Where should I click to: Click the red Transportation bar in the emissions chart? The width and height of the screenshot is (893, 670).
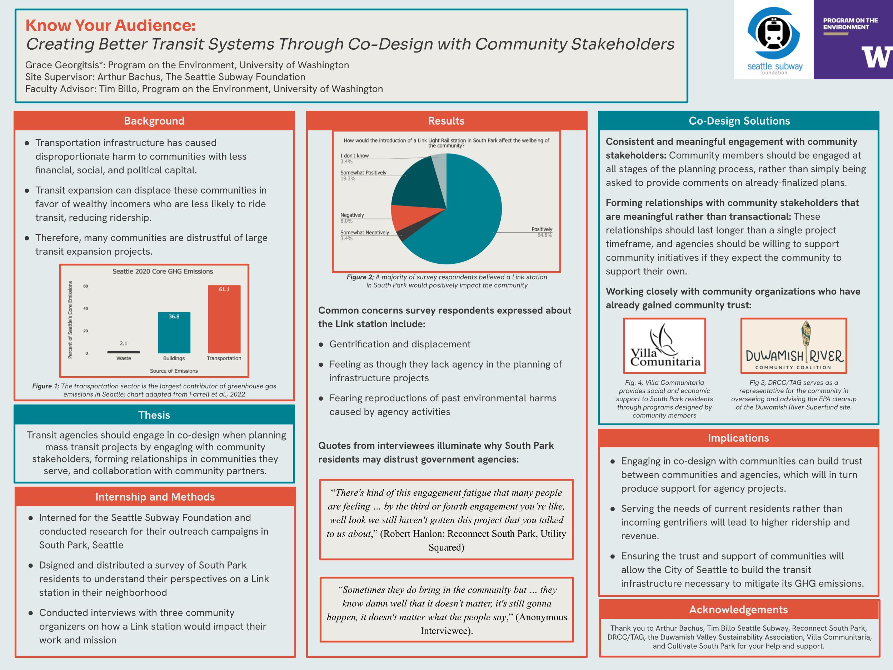click(x=224, y=323)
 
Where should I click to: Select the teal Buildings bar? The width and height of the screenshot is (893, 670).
click(x=174, y=335)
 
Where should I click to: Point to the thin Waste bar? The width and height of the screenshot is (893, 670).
click(x=124, y=352)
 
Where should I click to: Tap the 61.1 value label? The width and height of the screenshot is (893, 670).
click(x=224, y=289)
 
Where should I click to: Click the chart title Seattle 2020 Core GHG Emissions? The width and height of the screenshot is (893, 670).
click(x=162, y=271)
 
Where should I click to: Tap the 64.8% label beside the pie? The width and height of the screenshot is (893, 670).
click(x=545, y=235)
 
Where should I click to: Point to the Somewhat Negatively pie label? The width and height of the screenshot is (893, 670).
click(x=365, y=233)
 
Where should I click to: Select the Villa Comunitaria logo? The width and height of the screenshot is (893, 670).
click(x=664, y=346)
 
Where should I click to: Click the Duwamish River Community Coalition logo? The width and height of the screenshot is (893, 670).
click(x=793, y=346)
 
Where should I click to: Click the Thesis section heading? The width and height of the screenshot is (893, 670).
click(x=154, y=415)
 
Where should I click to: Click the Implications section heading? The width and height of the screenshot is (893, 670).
click(x=738, y=438)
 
